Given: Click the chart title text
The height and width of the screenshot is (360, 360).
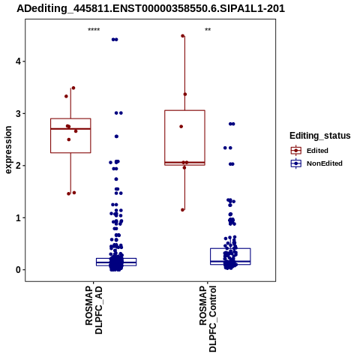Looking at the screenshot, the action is (151, 8).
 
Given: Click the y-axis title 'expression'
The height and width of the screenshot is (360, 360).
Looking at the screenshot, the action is (8, 150).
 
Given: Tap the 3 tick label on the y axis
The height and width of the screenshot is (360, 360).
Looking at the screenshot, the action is (18, 113).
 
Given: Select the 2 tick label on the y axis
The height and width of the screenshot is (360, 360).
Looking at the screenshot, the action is (18, 166).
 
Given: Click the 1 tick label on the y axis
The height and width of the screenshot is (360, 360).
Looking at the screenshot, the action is (18, 217).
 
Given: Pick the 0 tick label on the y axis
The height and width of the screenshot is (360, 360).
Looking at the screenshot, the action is (18, 270).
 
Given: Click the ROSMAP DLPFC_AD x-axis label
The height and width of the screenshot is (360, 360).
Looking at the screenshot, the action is (94, 310).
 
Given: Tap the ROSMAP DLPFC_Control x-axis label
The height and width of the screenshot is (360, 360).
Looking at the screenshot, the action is (208, 319).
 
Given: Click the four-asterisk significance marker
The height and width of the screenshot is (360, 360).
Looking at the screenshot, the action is (94, 30).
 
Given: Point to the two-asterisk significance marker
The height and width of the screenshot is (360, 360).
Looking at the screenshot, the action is (208, 30).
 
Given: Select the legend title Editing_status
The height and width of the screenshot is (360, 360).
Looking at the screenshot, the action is (320, 136).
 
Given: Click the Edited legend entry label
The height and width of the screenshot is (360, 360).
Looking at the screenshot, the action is (317, 151).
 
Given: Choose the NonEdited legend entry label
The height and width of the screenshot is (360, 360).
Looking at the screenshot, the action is (325, 163).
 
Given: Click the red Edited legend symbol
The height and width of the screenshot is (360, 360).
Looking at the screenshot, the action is (296, 151).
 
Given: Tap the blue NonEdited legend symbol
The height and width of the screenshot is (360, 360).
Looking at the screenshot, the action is (296, 163).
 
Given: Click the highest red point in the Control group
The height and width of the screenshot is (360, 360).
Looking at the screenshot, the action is (183, 36).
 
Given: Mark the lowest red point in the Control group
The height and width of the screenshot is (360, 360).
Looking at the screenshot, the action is (183, 210).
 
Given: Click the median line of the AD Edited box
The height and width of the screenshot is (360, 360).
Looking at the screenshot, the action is (70, 129).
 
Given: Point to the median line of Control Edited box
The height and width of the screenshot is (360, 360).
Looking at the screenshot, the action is (184, 163).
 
